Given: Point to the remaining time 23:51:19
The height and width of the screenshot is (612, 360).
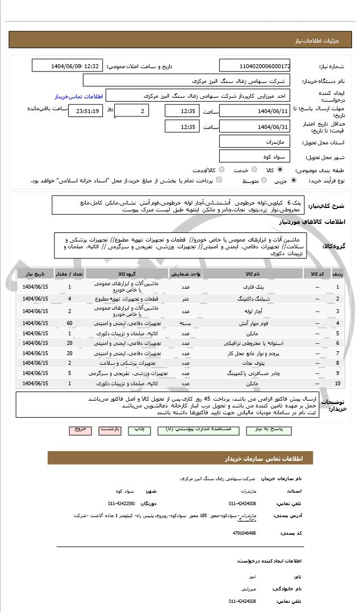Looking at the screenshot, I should pos(86,111).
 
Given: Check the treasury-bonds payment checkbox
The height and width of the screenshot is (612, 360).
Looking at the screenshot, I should pos(219,180).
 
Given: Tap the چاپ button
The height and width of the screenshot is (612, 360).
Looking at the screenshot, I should pos(139,429).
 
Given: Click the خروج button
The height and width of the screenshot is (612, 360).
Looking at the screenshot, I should pos(80,429).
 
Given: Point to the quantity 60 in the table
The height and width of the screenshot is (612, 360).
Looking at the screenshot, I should pos(69,323).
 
